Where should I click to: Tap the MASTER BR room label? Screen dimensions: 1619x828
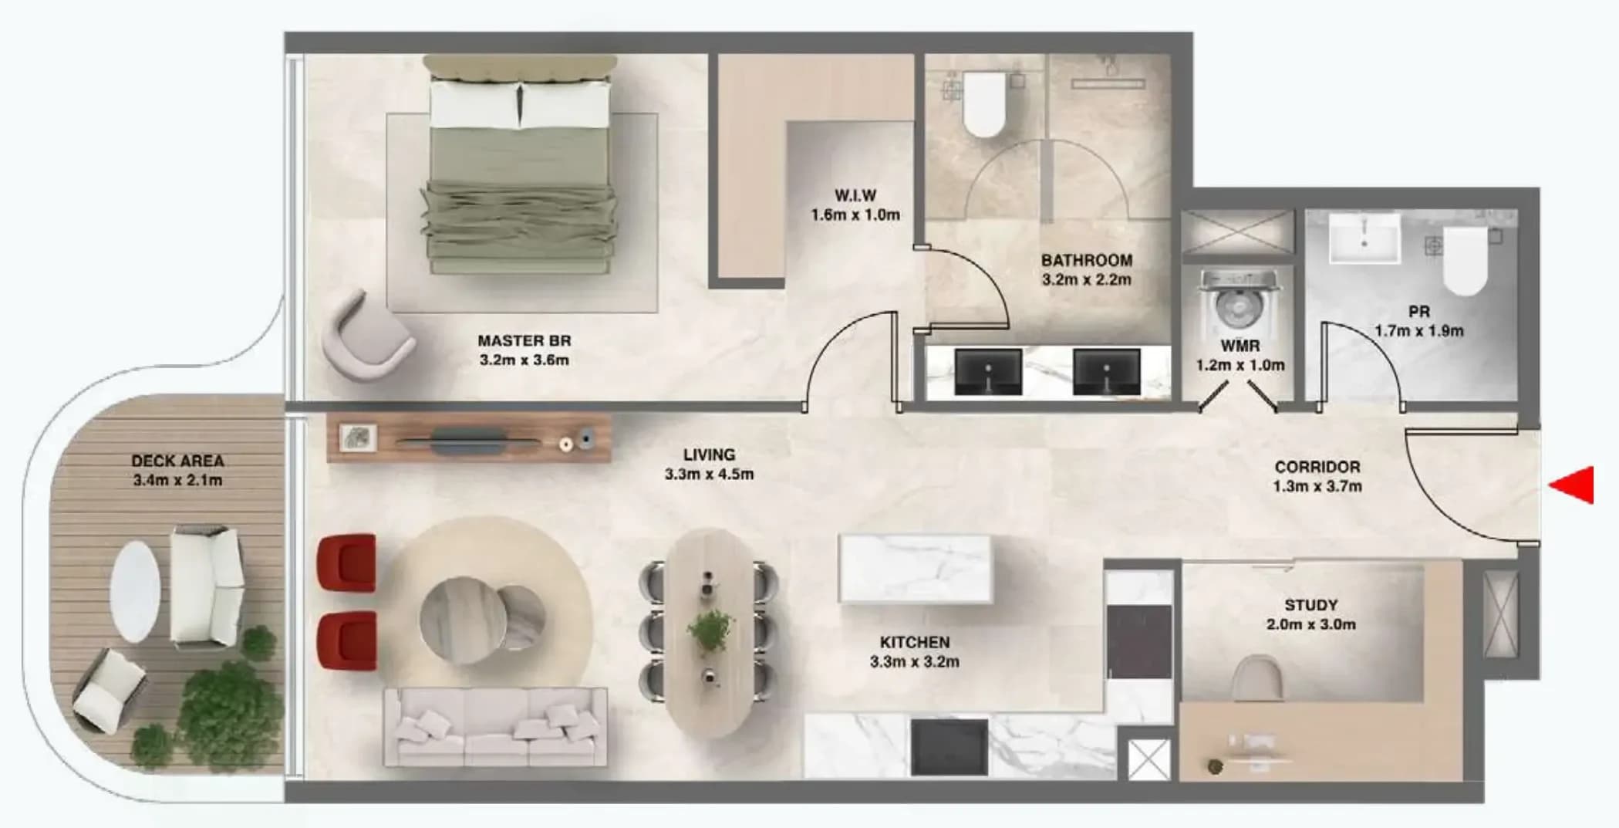click(x=524, y=340)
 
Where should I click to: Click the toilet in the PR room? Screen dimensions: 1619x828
click(x=1465, y=261)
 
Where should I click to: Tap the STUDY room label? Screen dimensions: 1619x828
click(x=1310, y=605)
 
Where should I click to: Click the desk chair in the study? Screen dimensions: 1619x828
click(x=1257, y=678)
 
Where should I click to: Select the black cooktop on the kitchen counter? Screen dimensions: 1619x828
click(x=949, y=747)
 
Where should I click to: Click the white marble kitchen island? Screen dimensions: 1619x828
click(x=916, y=568)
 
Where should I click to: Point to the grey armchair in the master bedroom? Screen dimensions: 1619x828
click(x=368, y=336)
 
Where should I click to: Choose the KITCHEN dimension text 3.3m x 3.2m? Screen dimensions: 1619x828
click(x=915, y=662)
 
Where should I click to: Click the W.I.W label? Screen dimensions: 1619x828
click(x=855, y=195)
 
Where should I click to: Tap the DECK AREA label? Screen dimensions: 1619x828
click(x=177, y=461)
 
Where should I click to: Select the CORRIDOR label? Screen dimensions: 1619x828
click(x=1317, y=467)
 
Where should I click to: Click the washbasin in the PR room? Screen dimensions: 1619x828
click(x=1364, y=238)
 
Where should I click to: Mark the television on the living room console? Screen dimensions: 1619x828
click(x=469, y=442)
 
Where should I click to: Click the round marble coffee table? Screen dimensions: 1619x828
click(x=482, y=619)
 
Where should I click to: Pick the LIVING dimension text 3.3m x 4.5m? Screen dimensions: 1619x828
click(x=709, y=474)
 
